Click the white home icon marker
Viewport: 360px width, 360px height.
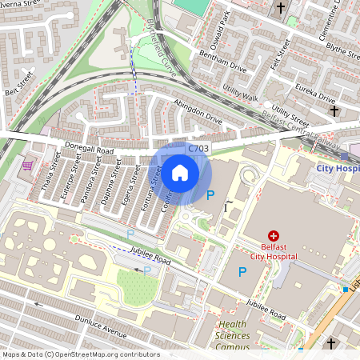[180, 173]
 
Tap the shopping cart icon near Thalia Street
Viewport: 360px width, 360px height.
[28, 166]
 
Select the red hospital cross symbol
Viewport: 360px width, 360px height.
[274, 236]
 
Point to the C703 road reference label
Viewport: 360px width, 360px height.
[199, 149]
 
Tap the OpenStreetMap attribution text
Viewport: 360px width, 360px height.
[80, 354]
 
